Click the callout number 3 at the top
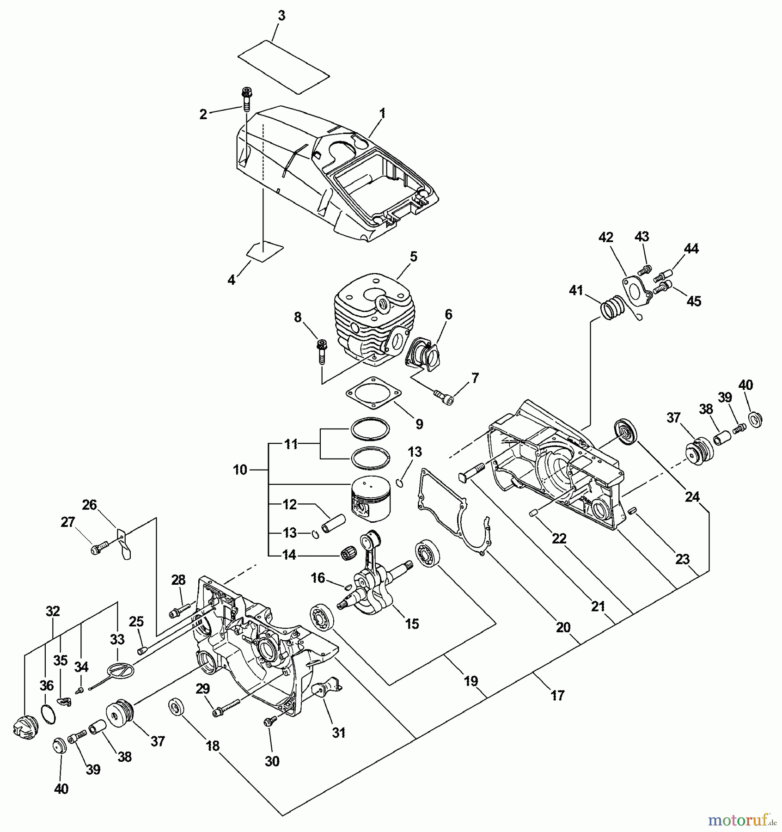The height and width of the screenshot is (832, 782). (x=281, y=16)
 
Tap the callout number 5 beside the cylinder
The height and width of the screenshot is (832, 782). (x=413, y=257)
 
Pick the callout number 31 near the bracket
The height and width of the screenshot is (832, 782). (x=339, y=733)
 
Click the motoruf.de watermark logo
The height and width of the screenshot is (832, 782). (x=742, y=820)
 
